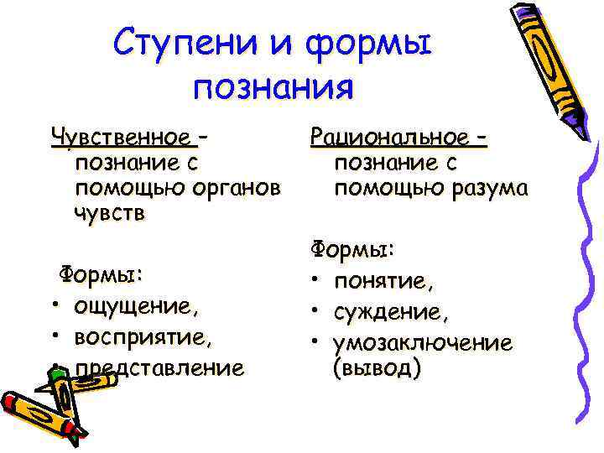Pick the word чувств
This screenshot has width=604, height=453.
110,213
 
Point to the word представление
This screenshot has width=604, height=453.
159,367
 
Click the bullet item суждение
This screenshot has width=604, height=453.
390,312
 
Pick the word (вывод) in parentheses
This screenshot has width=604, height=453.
375,368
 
